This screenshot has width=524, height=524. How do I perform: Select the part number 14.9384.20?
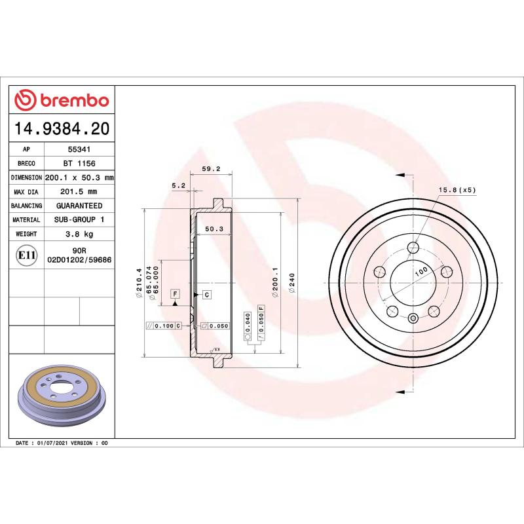(x=62, y=129)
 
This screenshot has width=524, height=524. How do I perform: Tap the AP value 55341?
(x=79, y=149)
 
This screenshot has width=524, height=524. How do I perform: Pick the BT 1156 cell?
(x=79, y=163)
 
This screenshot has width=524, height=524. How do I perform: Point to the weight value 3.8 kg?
(x=79, y=234)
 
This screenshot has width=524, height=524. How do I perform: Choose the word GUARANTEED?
(x=79, y=206)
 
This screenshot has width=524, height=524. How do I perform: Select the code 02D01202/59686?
(x=79, y=259)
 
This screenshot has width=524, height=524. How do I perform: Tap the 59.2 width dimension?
(x=210, y=169)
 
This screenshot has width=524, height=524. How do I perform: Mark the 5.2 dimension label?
(x=179, y=186)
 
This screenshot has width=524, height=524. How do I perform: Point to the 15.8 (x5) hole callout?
(x=457, y=190)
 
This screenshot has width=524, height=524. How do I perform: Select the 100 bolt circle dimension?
(x=420, y=270)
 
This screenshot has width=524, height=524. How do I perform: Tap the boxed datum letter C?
(x=206, y=294)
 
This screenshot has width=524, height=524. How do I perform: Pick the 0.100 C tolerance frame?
(x=164, y=326)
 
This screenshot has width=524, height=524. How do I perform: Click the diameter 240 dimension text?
(x=293, y=283)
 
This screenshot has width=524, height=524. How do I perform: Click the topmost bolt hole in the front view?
(x=413, y=248)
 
